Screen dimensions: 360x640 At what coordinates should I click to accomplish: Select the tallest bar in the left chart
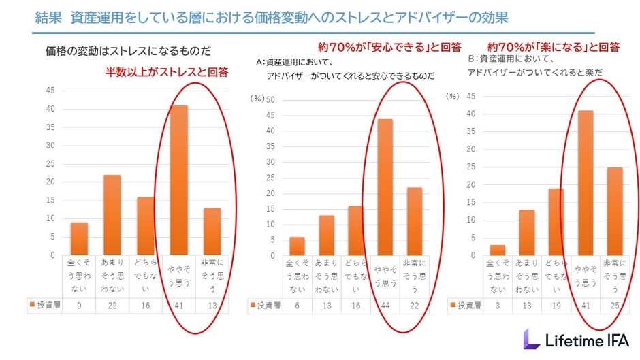pyautogui.click(x=179, y=180)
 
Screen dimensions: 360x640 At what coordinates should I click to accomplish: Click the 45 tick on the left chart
pyautogui.click(x=50, y=91)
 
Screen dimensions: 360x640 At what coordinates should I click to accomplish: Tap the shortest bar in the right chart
pyautogui.click(x=498, y=250)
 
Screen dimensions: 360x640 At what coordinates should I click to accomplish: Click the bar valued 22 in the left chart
pyautogui.click(x=112, y=215)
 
